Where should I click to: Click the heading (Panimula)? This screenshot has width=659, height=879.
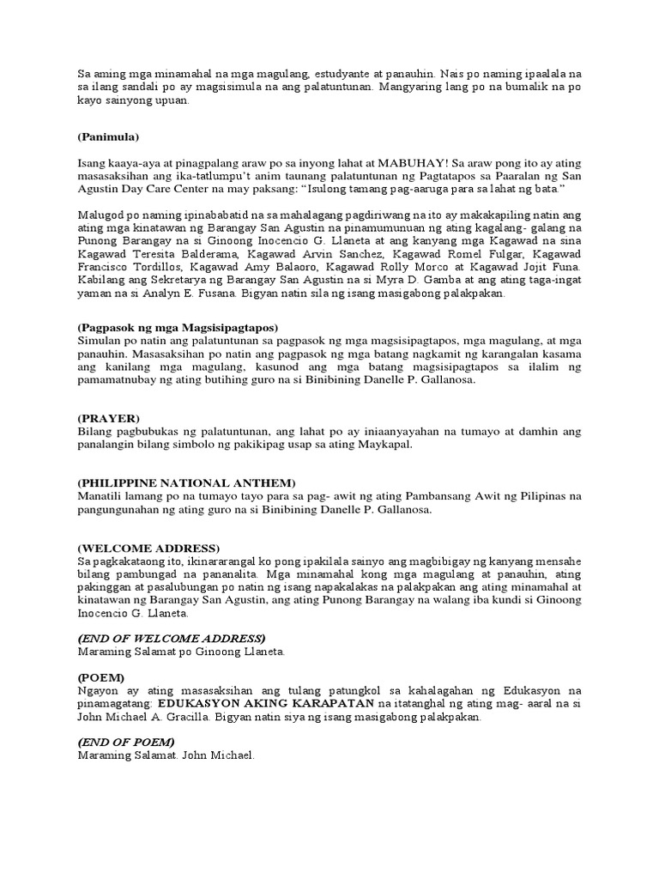pyautogui.click(x=108, y=136)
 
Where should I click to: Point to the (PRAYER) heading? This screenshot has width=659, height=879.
pyautogui.click(x=108, y=418)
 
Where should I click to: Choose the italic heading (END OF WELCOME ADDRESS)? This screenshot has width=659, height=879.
pyautogui.click(x=172, y=639)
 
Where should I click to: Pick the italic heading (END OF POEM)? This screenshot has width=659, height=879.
pyautogui.click(x=126, y=742)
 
